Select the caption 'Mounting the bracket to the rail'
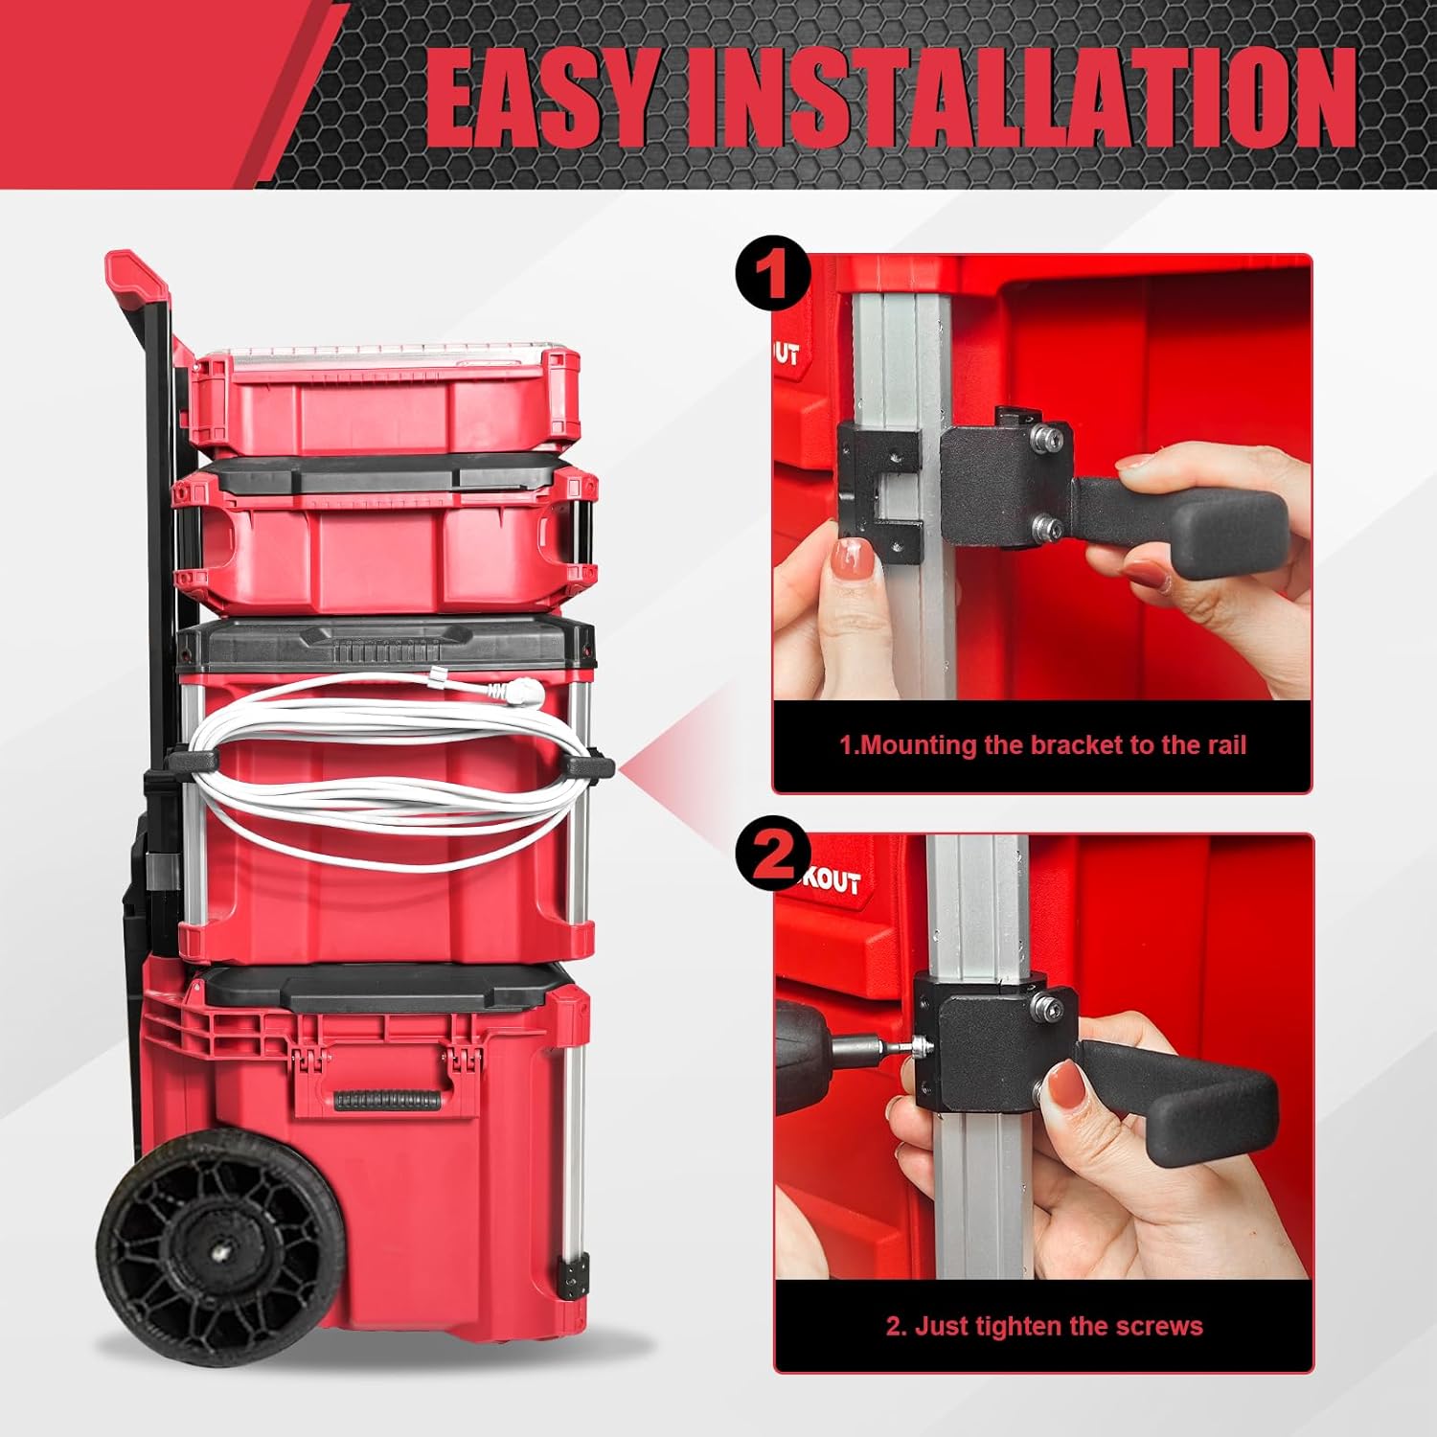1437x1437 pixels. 1042,745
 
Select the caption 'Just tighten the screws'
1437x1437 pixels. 1043,1326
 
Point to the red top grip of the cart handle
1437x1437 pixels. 138,273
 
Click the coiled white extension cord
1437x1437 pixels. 383,766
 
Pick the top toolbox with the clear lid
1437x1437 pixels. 383,393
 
